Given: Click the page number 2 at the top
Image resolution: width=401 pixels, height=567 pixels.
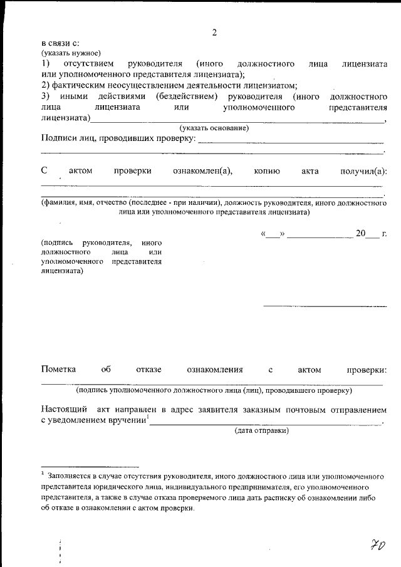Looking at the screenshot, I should point(214,33).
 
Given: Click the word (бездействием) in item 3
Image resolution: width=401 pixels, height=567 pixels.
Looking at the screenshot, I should point(187,96).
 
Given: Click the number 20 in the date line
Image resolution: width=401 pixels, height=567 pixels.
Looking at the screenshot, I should point(360,234).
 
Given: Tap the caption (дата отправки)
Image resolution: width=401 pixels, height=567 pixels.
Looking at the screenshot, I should point(261,431).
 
